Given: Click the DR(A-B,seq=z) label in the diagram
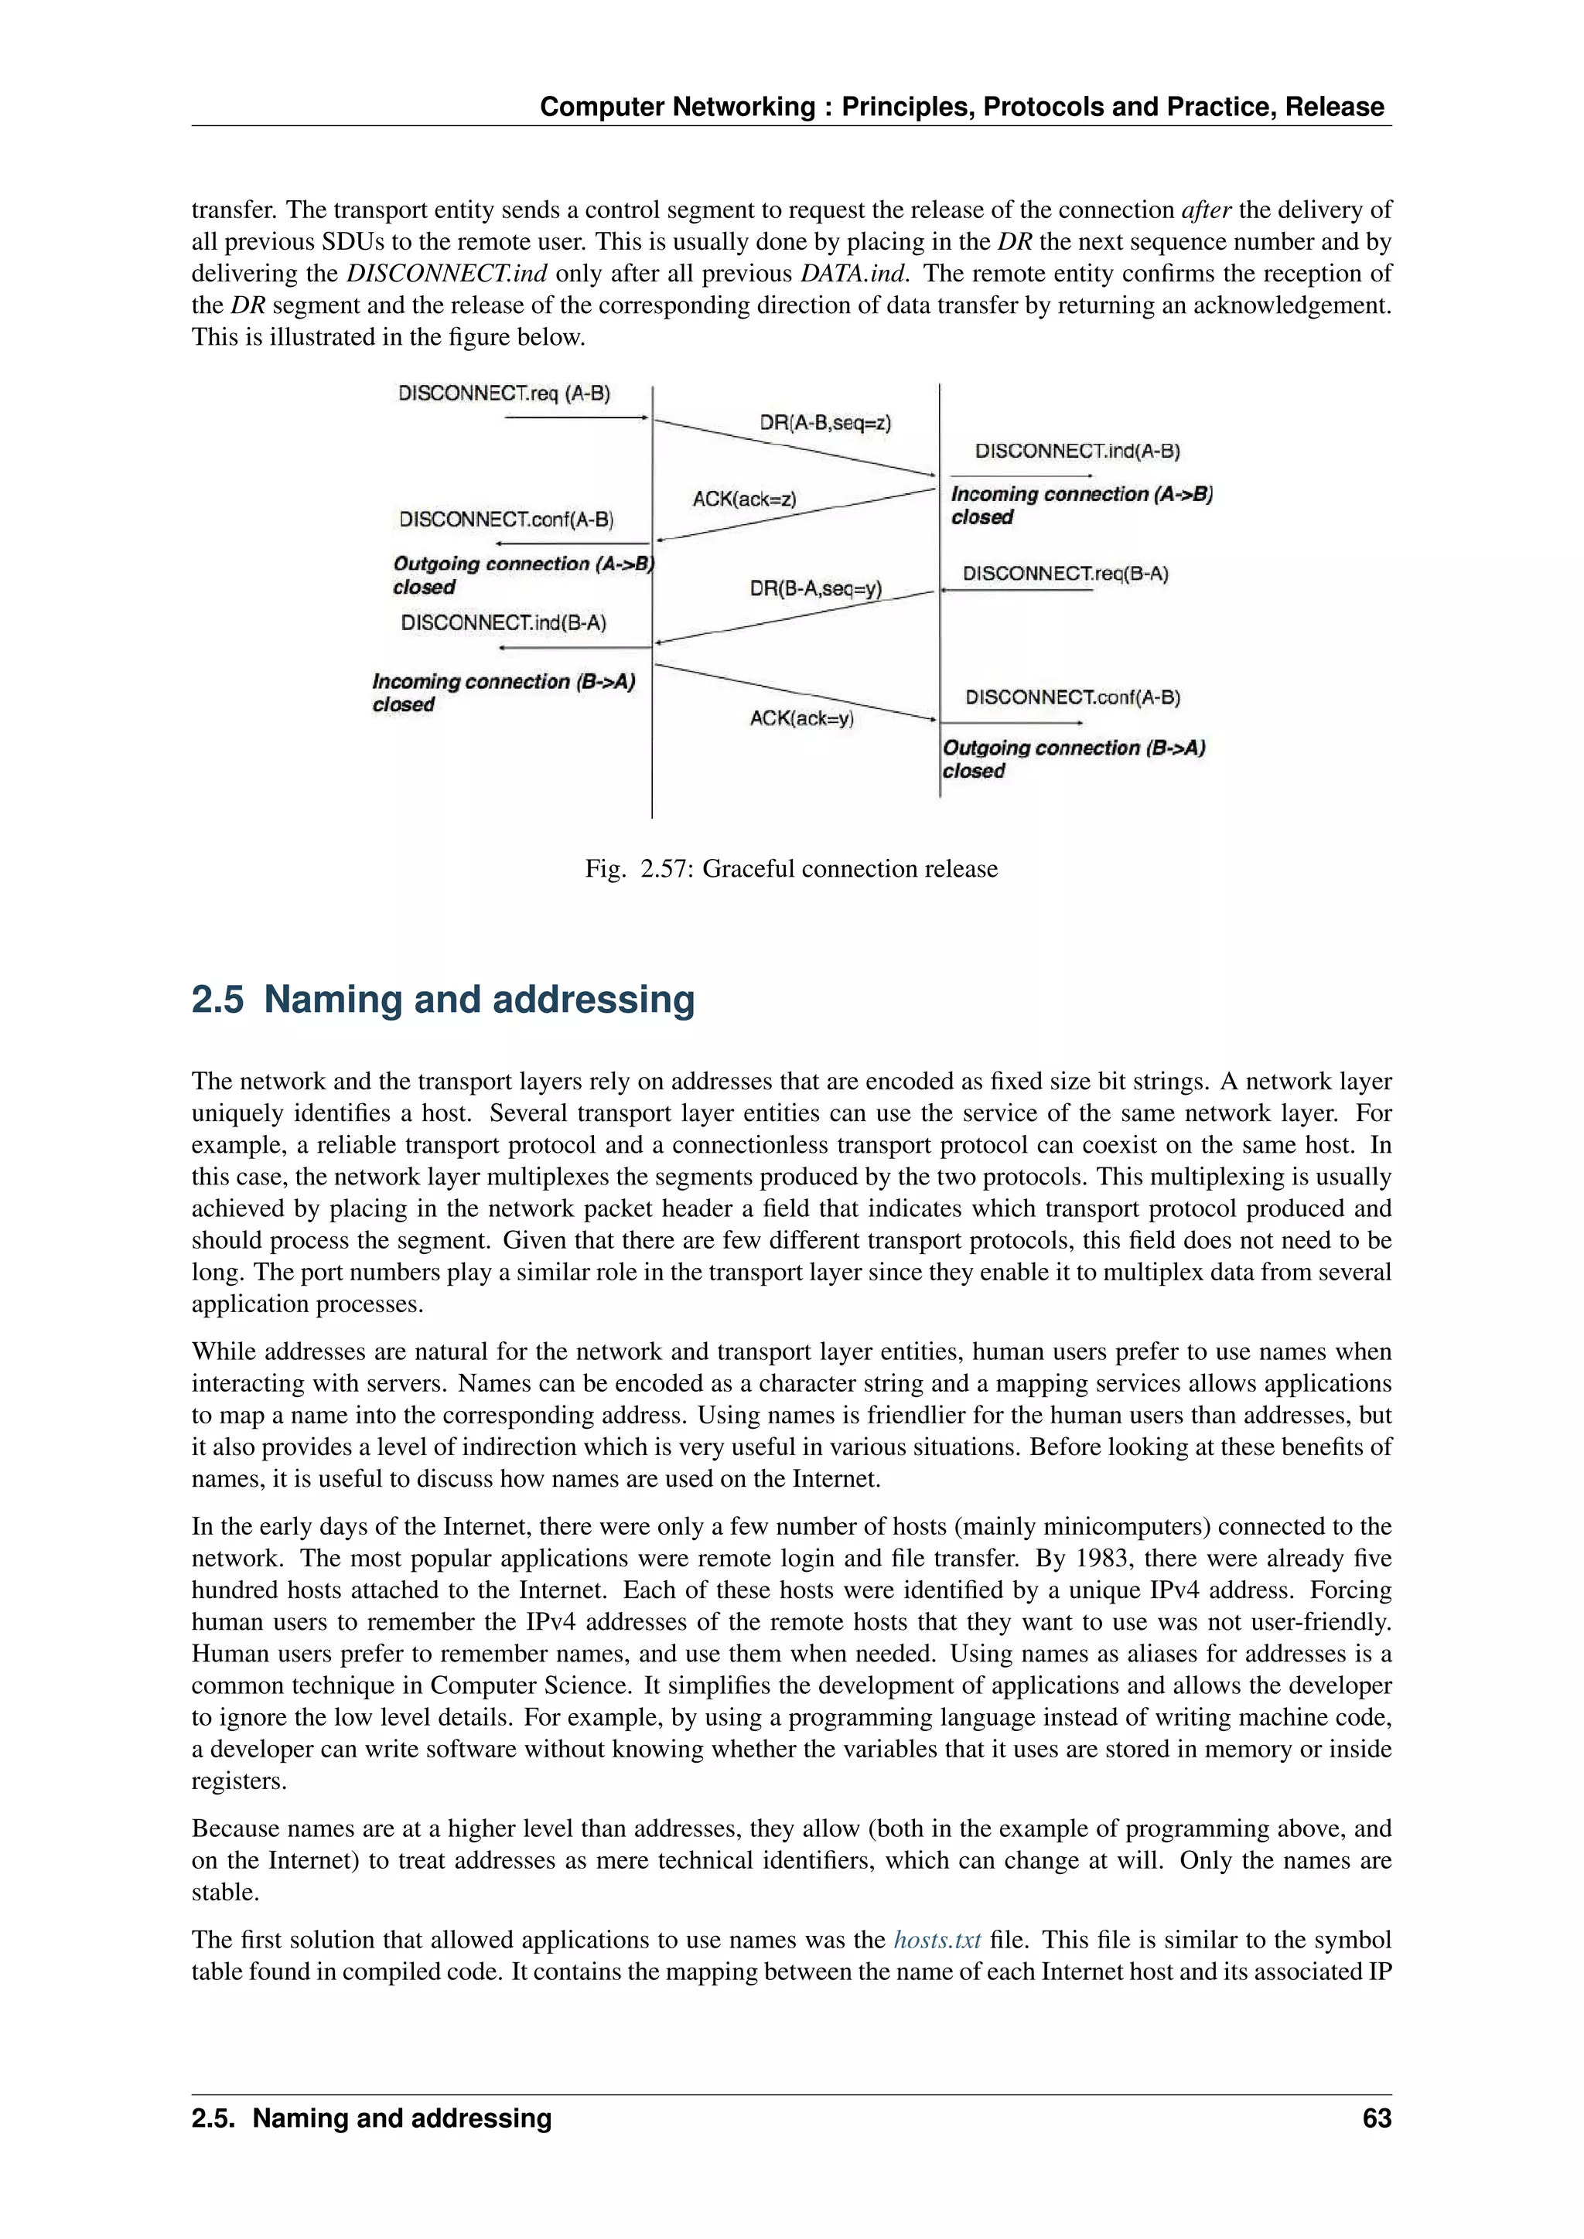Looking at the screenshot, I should click(x=825, y=423).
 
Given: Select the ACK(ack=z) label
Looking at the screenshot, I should click(x=744, y=499).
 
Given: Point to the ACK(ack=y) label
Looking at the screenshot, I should click(x=802, y=719).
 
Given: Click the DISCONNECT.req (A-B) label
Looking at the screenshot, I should click(x=504, y=394).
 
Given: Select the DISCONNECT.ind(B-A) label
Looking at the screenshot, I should click(x=504, y=623).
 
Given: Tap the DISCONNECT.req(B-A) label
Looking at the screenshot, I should click(x=1065, y=574).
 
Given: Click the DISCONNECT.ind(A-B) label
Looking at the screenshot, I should click(x=1077, y=452).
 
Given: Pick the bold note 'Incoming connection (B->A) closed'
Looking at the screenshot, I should click(x=504, y=693).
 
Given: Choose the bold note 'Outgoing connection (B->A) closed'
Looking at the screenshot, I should click(x=1073, y=758).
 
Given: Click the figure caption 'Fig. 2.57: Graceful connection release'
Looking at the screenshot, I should click(x=791, y=869).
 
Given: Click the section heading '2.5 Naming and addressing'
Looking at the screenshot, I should click(x=443, y=1000).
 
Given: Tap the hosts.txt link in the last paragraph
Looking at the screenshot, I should click(x=937, y=1940).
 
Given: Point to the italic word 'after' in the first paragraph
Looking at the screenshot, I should click(x=1207, y=210).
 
